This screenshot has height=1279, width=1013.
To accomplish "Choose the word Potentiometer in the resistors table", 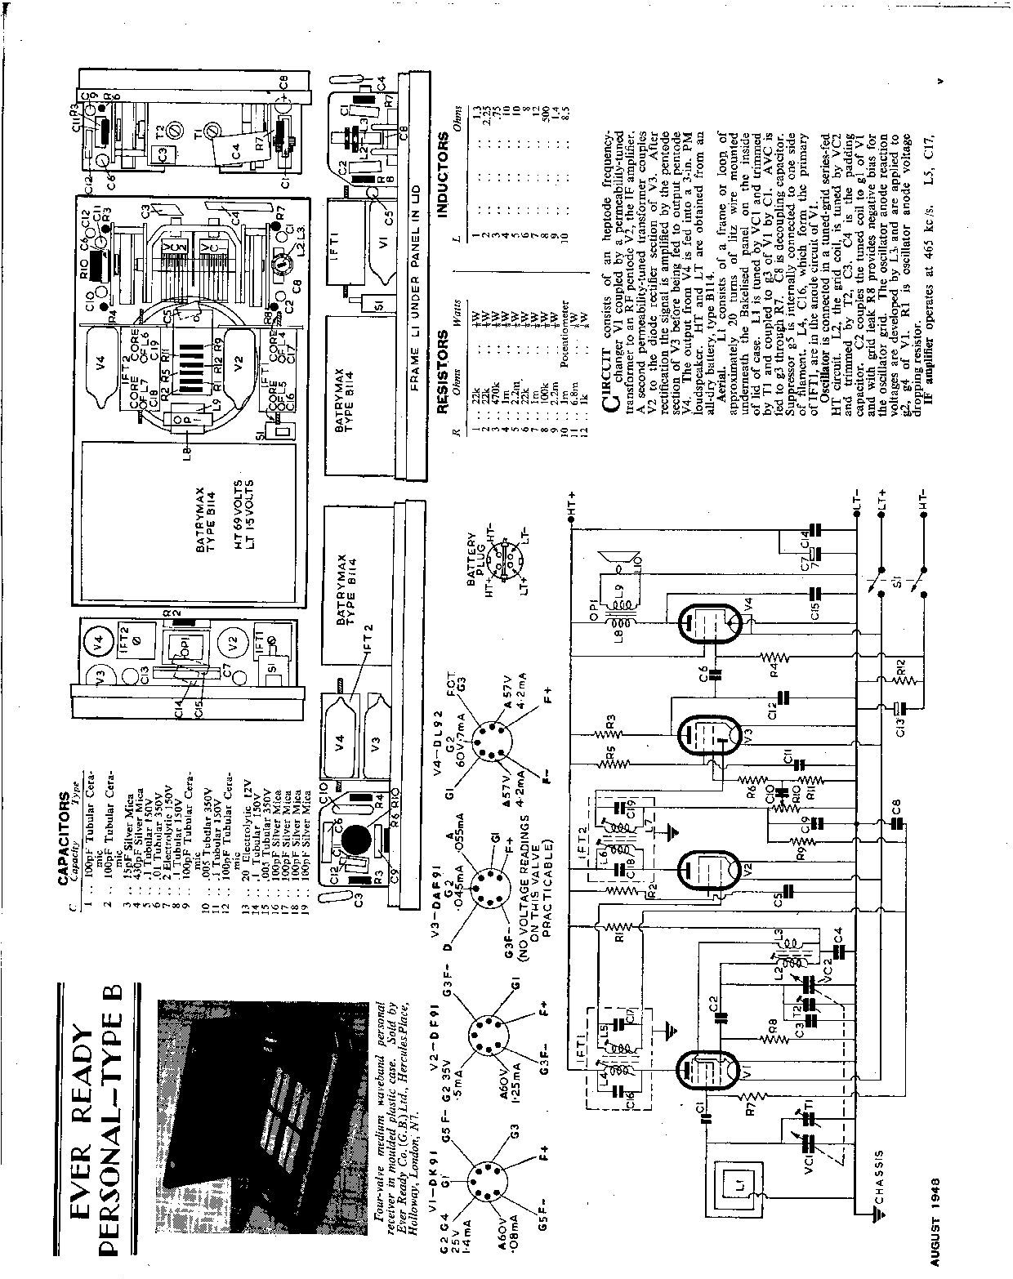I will point(565,334).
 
